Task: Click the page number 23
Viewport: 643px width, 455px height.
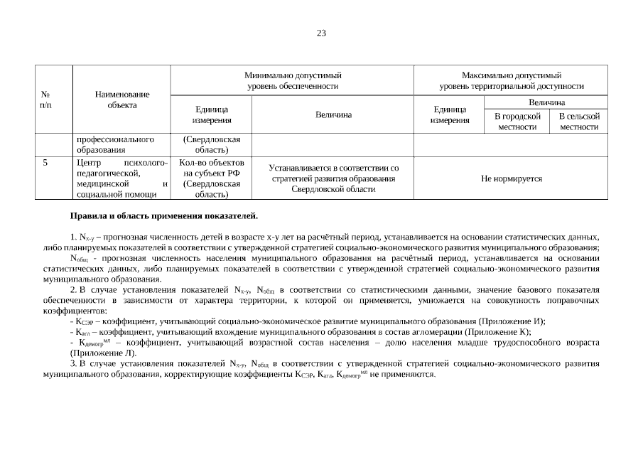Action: tap(321, 33)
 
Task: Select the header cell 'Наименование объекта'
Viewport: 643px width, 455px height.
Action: tap(122, 100)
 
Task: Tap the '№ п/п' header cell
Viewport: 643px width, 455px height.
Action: tap(46, 100)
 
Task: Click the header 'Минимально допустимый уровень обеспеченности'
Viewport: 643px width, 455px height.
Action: tap(292, 80)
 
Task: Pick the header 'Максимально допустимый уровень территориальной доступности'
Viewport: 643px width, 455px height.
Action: tap(511, 80)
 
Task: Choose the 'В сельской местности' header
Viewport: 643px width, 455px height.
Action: tap(579, 121)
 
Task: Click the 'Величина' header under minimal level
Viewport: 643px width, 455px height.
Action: tap(333, 115)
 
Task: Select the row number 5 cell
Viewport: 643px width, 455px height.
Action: tap(45, 163)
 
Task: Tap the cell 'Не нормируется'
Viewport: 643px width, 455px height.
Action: tap(511, 178)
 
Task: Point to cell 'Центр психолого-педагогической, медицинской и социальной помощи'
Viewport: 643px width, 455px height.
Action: tap(122, 178)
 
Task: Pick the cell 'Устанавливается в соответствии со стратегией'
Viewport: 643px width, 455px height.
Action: tap(333, 178)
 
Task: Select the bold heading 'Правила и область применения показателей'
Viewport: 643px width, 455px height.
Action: tap(163, 215)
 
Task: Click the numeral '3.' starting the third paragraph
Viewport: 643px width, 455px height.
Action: tap(73, 363)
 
